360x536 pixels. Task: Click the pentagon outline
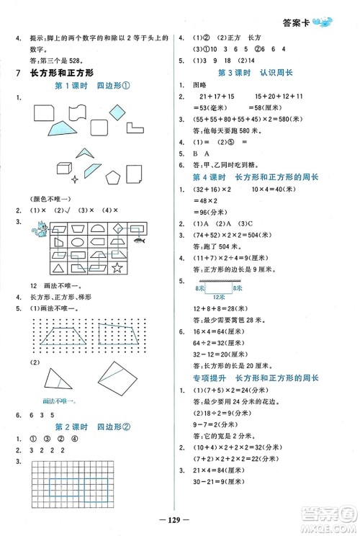click(114, 177)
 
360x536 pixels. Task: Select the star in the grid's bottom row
click(138, 268)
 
